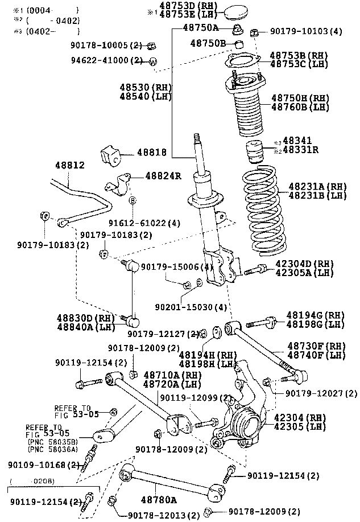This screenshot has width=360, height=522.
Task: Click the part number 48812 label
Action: (69, 166)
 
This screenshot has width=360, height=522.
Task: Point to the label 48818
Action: (152, 153)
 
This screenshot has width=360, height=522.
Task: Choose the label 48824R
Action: (163, 176)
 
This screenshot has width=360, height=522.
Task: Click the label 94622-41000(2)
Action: (107, 60)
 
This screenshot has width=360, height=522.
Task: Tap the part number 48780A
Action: (159, 500)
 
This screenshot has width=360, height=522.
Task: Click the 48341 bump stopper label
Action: (297, 141)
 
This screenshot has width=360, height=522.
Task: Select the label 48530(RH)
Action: (146, 87)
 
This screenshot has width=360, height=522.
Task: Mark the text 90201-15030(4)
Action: (191, 307)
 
